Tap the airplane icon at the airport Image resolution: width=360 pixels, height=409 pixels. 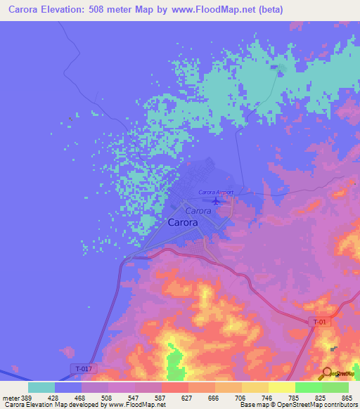216,202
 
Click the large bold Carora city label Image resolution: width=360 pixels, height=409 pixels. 183,223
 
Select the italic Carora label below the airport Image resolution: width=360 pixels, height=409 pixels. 198,210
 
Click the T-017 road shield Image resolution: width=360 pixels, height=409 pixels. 83,368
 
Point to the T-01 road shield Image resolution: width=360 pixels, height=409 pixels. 319,321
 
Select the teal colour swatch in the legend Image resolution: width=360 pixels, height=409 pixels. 41,387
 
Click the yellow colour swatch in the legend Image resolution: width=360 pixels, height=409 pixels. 255,387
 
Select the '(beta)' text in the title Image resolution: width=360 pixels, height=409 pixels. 281,11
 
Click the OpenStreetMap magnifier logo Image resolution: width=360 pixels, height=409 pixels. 325,374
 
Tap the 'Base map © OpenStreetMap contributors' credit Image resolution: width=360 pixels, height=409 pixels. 298,405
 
